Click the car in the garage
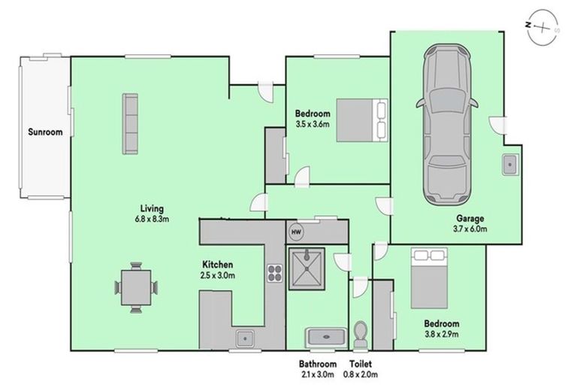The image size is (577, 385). coord(447,126)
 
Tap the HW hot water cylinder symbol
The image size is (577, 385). coord(295,232)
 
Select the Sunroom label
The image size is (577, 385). coord(45,132)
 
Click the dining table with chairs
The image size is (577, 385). coord(137,286)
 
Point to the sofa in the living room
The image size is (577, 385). coord(130,123)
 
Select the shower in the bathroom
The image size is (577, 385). coord(307,268)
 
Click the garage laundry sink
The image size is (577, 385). coord(509,163)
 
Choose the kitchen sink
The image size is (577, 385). coord(245,338)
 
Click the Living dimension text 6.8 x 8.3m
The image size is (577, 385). coord(152,220)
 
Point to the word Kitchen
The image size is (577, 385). coord(218,265)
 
